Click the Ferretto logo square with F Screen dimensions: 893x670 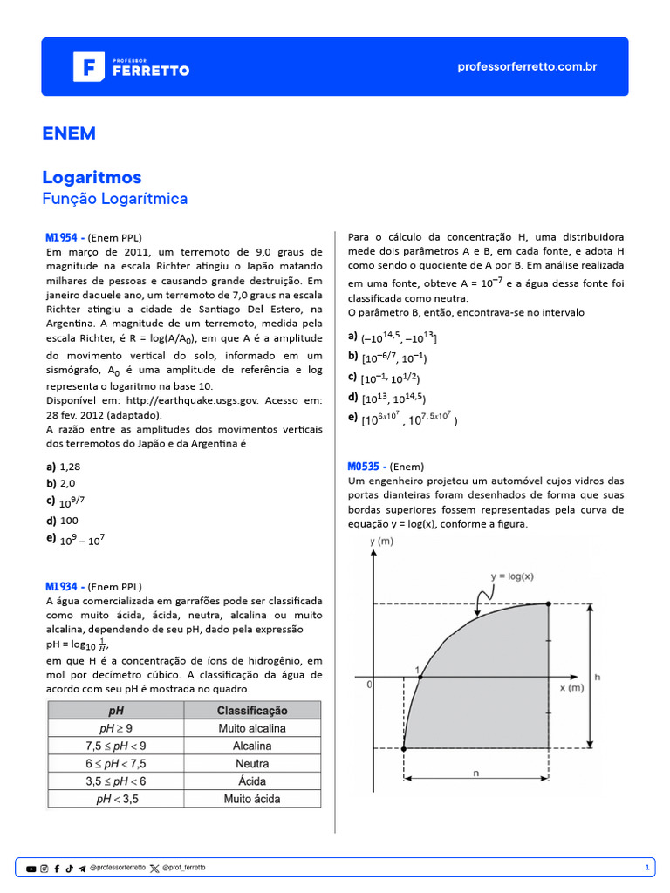pyautogui.click(x=88, y=66)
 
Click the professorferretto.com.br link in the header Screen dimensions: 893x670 pyautogui.click(x=527, y=67)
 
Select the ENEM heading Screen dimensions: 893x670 pyautogui.click(x=69, y=133)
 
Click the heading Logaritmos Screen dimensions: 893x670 pyautogui.click(x=92, y=177)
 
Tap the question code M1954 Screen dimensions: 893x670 pyautogui.click(x=63, y=237)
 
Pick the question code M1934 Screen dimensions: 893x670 pyautogui.click(x=63, y=586)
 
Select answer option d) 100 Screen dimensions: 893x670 pyautogui.click(x=62, y=520)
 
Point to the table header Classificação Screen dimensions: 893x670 pyautogui.click(x=252, y=710)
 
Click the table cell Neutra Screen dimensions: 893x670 pyautogui.click(x=252, y=763)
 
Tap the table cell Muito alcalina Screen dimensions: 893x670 pyautogui.click(x=252, y=728)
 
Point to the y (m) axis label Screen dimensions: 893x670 pyautogui.click(x=381, y=542)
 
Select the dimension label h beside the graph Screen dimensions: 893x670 pyautogui.click(x=596, y=676)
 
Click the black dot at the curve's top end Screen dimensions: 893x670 pyautogui.click(x=548, y=603)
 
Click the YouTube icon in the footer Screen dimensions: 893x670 pyautogui.click(x=31, y=868)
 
